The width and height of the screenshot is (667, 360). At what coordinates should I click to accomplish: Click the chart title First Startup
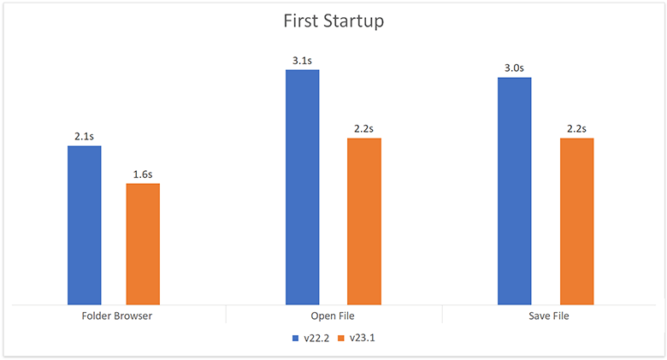(x=333, y=21)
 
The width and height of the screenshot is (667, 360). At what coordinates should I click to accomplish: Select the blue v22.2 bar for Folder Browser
(x=85, y=225)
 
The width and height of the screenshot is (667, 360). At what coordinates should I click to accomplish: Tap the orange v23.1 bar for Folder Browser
(x=143, y=244)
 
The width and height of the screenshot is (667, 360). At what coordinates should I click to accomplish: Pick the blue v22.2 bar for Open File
(x=302, y=186)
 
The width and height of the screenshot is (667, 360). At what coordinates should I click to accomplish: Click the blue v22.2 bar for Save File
(x=514, y=191)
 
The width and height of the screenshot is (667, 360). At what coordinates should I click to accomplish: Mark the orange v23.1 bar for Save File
(x=576, y=221)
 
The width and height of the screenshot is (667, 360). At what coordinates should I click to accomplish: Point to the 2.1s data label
(x=85, y=137)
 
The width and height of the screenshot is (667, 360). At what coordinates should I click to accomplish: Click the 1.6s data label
(x=143, y=174)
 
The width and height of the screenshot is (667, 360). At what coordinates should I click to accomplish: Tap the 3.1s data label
(x=302, y=61)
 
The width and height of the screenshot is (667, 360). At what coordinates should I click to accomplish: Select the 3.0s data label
(x=514, y=68)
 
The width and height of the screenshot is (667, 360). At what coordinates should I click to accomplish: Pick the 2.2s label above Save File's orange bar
(x=576, y=129)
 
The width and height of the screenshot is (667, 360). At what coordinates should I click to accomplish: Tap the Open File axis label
(x=333, y=316)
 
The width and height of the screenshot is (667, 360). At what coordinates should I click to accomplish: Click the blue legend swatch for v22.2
(x=294, y=339)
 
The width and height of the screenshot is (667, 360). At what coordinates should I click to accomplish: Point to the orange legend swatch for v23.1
(x=340, y=339)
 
